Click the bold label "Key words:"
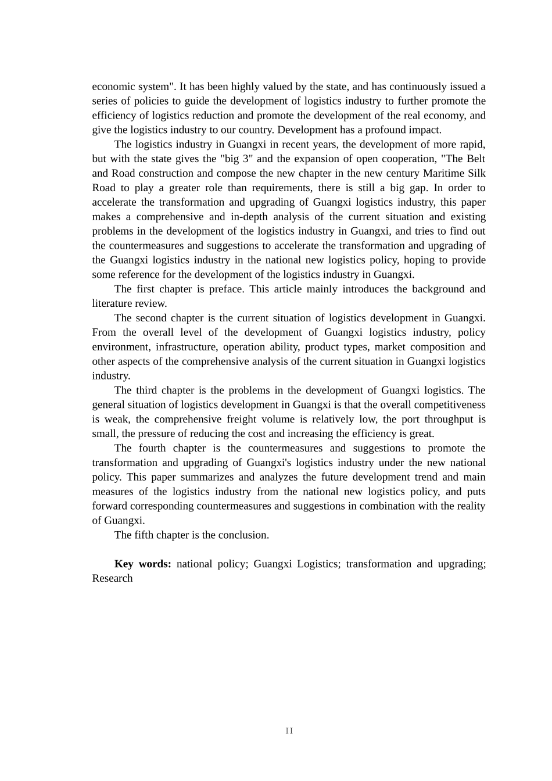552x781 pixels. [x=142, y=564]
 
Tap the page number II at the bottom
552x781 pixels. [x=289, y=731]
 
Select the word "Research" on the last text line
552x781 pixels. [x=112, y=578]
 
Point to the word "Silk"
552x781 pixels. [x=477, y=173]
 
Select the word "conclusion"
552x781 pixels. [x=244, y=535]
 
